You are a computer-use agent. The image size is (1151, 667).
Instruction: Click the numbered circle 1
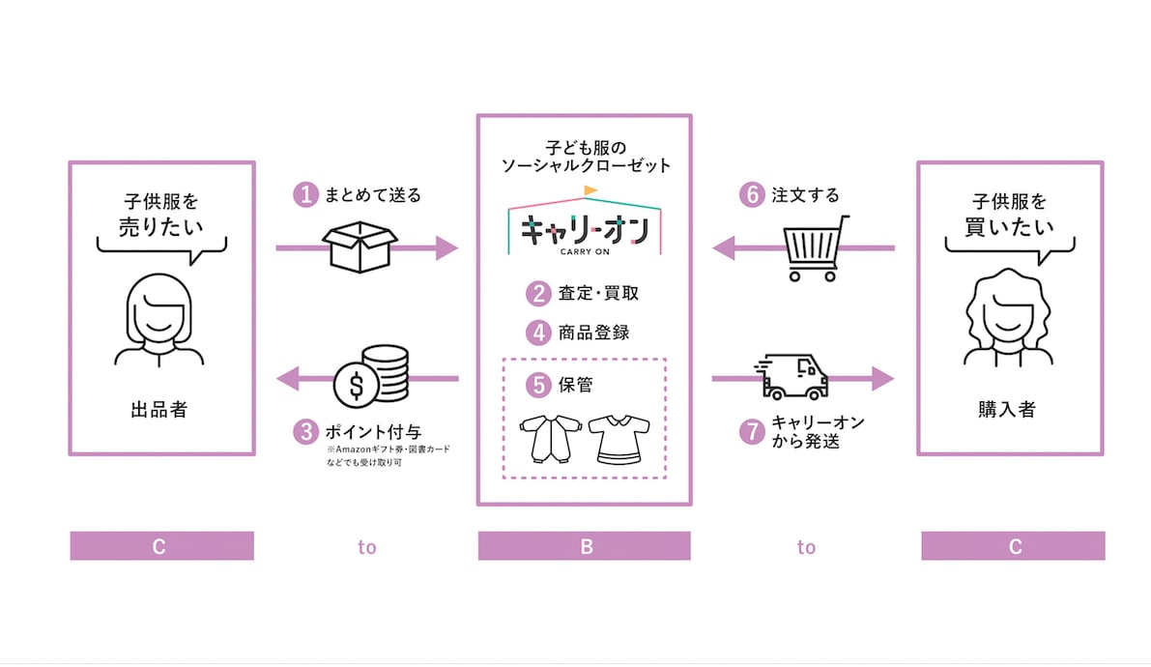point(305,195)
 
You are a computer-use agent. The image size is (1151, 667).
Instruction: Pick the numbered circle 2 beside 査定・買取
point(538,293)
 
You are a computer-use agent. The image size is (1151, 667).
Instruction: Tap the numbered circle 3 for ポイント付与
point(305,429)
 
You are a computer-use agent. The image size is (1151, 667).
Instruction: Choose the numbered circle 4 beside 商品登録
point(538,333)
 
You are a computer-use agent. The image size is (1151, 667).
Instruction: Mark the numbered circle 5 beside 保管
point(538,384)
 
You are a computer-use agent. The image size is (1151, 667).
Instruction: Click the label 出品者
point(159,410)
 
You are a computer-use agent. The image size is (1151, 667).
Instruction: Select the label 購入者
point(1009,410)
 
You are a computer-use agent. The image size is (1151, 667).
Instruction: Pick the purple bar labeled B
point(584,546)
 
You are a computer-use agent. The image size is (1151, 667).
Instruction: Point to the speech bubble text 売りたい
point(159,228)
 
